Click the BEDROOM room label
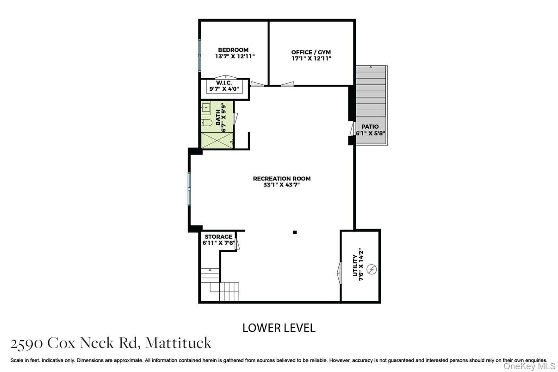tap(233, 50)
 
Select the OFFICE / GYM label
tap(311, 52)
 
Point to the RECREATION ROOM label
tap(281, 179)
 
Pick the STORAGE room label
tap(218, 236)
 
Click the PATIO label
tap(370, 126)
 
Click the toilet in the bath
tap(207, 123)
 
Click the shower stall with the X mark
tap(217, 140)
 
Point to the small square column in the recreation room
tap(294, 232)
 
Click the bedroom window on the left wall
tap(200, 55)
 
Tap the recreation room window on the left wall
tap(189, 188)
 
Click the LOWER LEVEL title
tap(279, 328)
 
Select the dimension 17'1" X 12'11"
tap(311, 58)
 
